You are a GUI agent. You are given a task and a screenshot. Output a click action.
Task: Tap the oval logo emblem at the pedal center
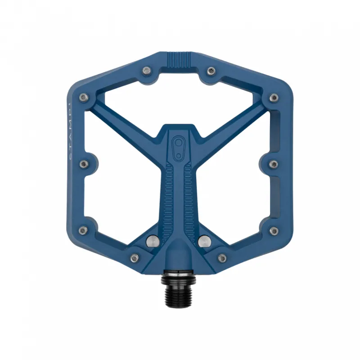pyautogui.click(x=180, y=148)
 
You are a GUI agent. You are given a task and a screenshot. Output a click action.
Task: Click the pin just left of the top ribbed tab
pyautogui.click(x=147, y=71)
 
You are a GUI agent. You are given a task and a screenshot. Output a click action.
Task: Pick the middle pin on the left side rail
pyautogui.click(x=84, y=164)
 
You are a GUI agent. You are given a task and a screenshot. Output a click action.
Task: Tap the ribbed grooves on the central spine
pyautogui.click(x=180, y=193)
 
